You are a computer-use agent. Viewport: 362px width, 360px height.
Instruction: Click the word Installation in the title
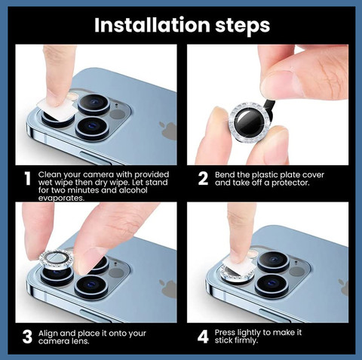[x=152, y=25]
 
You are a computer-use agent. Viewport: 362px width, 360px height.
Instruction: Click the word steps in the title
[x=243, y=26]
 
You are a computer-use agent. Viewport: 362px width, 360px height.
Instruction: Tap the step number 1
[x=28, y=179]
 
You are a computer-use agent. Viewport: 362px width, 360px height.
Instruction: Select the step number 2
[x=203, y=178]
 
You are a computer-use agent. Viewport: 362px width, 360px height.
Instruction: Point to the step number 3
[x=27, y=337]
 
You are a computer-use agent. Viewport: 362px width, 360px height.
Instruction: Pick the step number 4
[x=203, y=337]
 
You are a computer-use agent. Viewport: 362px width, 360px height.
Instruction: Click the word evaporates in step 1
[x=61, y=198]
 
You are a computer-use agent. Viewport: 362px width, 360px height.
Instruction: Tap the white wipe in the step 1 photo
[x=57, y=109]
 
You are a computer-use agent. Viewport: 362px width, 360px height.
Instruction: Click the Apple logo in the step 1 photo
[x=167, y=130]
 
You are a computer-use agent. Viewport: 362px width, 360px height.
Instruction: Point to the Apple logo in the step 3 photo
[x=168, y=288]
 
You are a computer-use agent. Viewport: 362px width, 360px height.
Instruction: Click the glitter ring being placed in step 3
[x=57, y=260]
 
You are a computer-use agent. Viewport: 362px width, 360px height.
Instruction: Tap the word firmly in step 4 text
[x=246, y=340]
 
